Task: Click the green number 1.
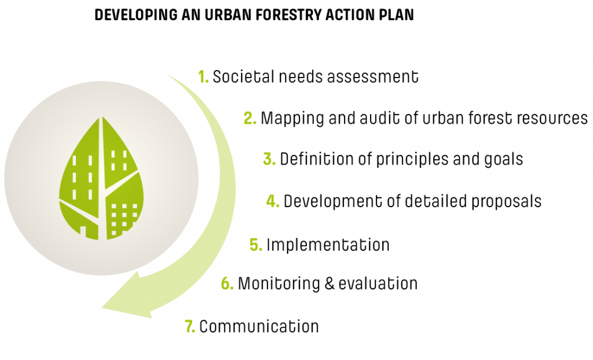tap(203, 77)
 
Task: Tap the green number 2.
tap(250, 118)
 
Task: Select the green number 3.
tap(269, 159)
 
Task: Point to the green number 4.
tap(273, 201)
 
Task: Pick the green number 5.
tap(256, 245)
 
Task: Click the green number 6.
tap(227, 283)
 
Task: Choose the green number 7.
tap(190, 326)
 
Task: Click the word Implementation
tap(328, 245)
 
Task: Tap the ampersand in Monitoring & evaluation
tap(330, 284)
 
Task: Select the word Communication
tap(259, 326)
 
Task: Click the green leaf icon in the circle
tap(101, 178)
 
